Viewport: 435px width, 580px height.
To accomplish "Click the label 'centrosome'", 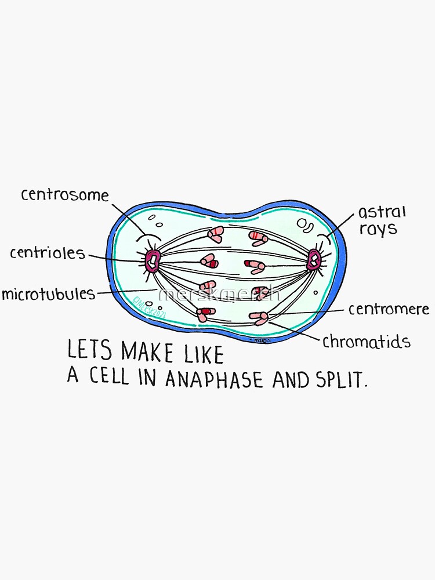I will click(64, 194).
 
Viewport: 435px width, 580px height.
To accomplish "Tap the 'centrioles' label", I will click(47, 253).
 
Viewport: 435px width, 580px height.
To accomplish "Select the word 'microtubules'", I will click(48, 293).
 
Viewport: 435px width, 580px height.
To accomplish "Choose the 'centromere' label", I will click(389, 309).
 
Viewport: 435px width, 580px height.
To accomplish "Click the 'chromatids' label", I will click(366, 341).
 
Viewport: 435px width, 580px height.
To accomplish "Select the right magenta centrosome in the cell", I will click(315, 259).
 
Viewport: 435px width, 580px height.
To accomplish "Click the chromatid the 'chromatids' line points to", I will click(259, 317).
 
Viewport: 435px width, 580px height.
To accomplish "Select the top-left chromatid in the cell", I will click(215, 234).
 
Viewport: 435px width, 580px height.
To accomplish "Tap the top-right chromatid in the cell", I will click(258, 238).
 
